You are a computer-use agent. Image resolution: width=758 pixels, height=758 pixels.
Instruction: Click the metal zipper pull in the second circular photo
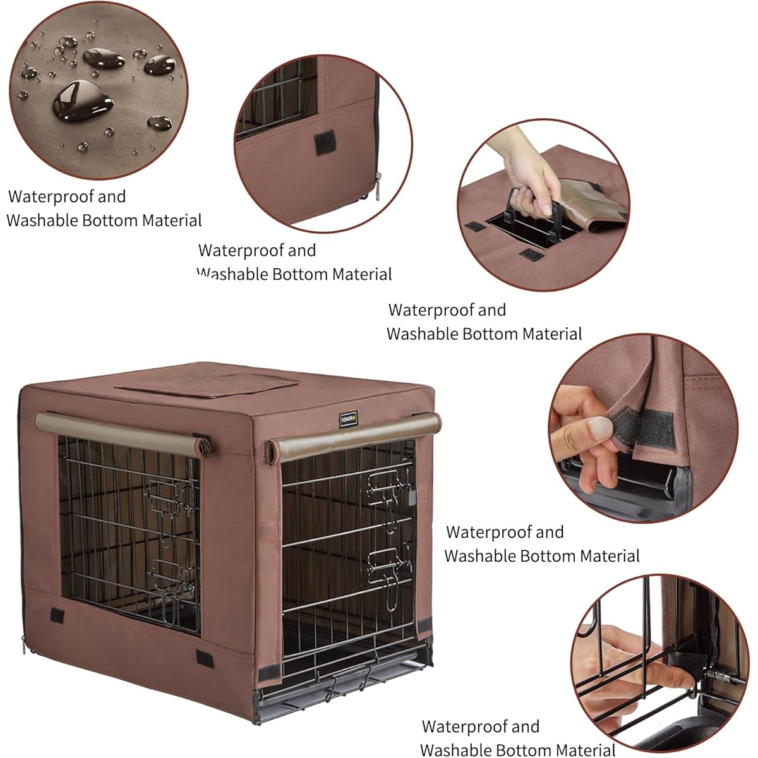[378, 183]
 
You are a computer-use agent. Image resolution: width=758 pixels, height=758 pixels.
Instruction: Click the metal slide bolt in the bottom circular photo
[726, 680]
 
